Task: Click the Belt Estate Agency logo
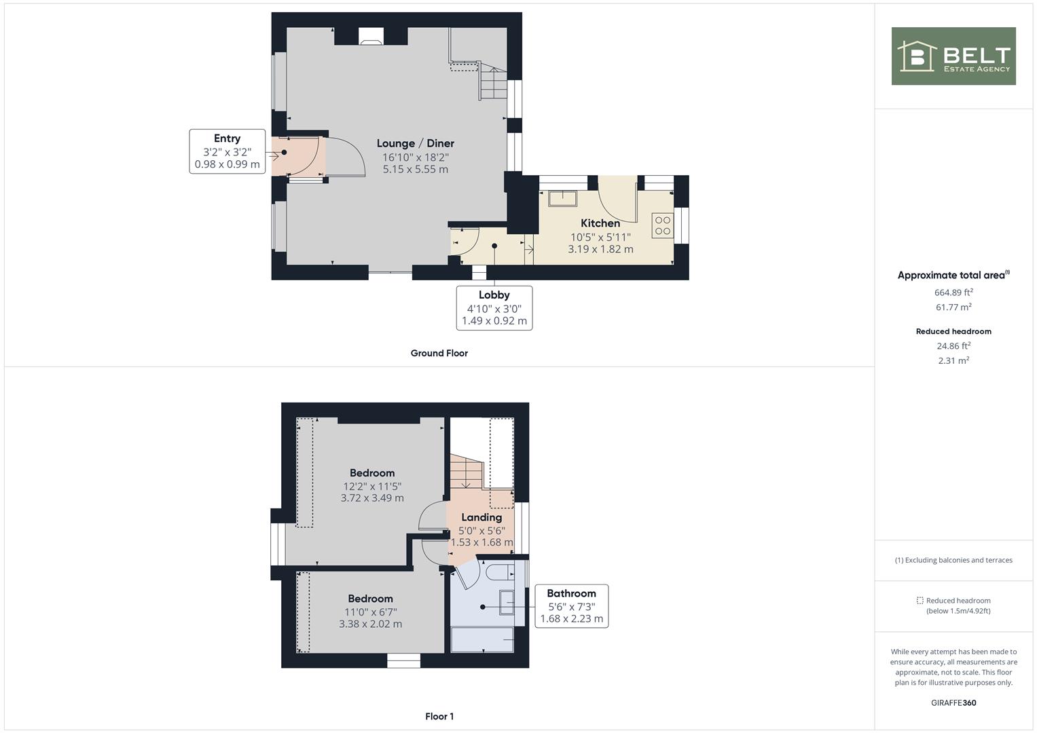[x=953, y=56]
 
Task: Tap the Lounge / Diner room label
[x=415, y=143]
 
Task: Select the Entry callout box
[x=227, y=151]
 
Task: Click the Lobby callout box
[x=494, y=307]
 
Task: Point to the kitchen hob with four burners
[x=662, y=226]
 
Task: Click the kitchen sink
[x=563, y=198]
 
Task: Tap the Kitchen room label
[x=600, y=223]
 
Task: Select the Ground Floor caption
[x=439, y=353]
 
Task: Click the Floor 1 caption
[x=439, y=716]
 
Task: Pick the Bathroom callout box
[x=571, y=606]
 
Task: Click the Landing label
[x=481, y=517]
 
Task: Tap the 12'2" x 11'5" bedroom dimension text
[x=372, y=486]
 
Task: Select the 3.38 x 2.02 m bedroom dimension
[x=370, y=624]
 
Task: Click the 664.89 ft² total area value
[x=953, y=293]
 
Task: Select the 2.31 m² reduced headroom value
[x=953, y=360]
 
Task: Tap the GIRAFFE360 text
[x=953, y=702]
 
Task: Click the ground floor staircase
[x=493, y=83]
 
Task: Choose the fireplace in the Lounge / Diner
[x=371, y=37]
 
